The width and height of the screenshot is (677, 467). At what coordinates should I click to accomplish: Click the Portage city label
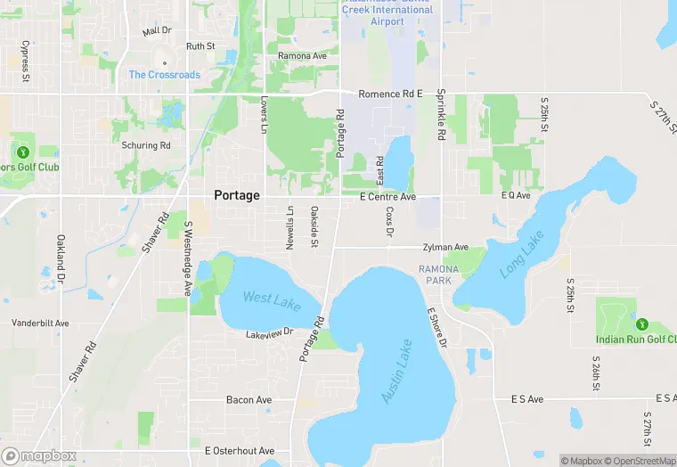[x=237, y=195]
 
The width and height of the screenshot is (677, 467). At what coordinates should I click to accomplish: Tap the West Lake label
[x=271, y=301]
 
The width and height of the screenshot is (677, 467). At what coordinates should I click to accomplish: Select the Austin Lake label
[x=397, y=372]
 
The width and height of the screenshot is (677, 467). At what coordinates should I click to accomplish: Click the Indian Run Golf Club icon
[x=641, y=323]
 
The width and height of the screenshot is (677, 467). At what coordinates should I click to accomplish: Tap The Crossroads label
[x=165, y=75]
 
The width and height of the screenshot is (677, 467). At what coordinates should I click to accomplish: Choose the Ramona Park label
[x=439, y=274]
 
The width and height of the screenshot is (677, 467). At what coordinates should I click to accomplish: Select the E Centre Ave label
[x=387, y=196]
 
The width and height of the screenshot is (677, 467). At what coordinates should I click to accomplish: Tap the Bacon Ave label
[x=249, y=400]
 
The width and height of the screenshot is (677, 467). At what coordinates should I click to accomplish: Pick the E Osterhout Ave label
[x=239, y=451]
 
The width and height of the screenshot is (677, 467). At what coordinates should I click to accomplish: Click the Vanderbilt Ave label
[x=40, y=323]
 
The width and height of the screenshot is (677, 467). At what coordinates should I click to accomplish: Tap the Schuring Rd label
[x=146, y=145]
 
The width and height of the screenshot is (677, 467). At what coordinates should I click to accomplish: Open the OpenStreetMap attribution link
[x=640, y=461]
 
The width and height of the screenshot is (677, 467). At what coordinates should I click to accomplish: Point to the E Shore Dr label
[x=436, y=328]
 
